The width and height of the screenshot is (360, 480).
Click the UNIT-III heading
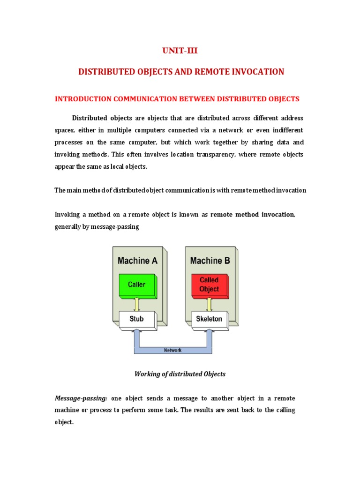pyautogui.click(x=180, y=51)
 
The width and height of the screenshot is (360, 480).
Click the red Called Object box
pyautogui.click(x=209, y=285)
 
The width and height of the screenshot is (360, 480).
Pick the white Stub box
pyautogui.click(x=136, y=320)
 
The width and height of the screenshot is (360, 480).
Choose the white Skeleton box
pyautogui.click(x=209, y=320)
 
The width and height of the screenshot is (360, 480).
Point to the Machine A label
pyautogui.click(x=137, y=261)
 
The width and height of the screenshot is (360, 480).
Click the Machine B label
pyautogui.click(x=210, y=261)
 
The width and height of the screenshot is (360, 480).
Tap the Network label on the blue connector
pyautogui.click(x=172, y=350)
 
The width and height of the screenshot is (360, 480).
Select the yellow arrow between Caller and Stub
pyautogui.click(x=137, y=304)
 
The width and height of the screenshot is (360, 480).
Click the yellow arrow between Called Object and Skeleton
pyautogui.click(x=209, y=304)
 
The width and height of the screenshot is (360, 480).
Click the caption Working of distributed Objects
pyautogui.click(x=180, y=374)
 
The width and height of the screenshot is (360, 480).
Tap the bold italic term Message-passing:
pyautogui.click(x=81, y=398)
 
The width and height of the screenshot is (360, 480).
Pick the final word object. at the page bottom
pyautogui.click(x=64, y=422)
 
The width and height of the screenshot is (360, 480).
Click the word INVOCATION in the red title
pyautogui.click(x=258, y=72)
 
